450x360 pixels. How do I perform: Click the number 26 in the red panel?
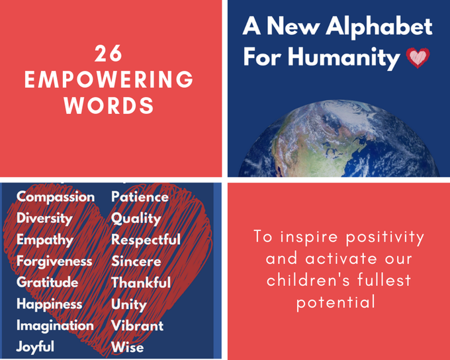pyautogui.click(x=109, y=54)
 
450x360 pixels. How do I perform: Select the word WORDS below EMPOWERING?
pyautogui.click(x=109, y=105)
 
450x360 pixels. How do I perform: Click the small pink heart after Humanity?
pyautogui.click(x=418, y=58)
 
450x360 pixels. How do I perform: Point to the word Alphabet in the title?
pyautogui.click(x=379, y=26)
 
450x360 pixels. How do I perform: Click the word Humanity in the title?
pyautogui.click(x=344, y=57)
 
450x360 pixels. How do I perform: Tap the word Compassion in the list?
pyautogui.click(x=56, y=197)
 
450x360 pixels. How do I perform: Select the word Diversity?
pyautogui.click(x=44, y=218)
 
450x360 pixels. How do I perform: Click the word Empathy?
pyautogui.click(x=45, y=240)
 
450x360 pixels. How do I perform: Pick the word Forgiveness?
pyautogui.click(x=54, y=261)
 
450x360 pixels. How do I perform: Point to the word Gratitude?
pyautogui.click(x=48, y=282)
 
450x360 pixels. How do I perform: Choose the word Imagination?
pyautogui.click(x=55, y=326)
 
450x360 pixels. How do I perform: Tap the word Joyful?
pyautogui.click(x=35, y=347)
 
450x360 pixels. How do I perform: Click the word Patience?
pyautogui.click(x=140, y=197)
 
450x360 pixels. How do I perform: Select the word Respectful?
pyautogui.click(x=146, y=240)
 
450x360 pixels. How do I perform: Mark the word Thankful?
pyautogui.click(x=141, y=283)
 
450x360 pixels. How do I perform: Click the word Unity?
pyautogui.click(x=129, y=304)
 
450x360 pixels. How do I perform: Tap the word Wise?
pyautogui.click(x=128, y=347)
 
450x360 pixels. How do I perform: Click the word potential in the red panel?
pyautogui.click(x=336, y=302)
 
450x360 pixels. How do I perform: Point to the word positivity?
pyautogui.click(x=385, y=238)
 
